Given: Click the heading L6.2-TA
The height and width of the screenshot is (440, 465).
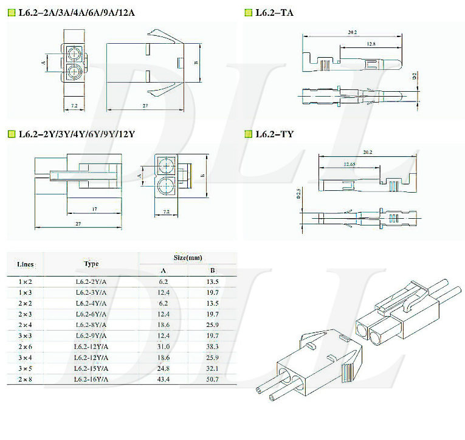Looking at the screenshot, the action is tap(274, 12).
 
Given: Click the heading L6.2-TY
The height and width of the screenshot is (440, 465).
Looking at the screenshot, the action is tap(274, 134).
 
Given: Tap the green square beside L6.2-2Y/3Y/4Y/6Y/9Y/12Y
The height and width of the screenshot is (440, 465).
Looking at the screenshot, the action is tap(12, 134).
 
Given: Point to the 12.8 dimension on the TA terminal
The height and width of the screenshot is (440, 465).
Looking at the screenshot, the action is tap(371, 44).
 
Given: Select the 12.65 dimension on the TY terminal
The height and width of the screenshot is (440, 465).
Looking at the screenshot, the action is tap(350, 164).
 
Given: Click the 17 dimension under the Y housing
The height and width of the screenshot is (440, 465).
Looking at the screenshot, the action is tap(94, 209).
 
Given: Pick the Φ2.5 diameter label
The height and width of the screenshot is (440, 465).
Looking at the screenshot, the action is tap(298, 194).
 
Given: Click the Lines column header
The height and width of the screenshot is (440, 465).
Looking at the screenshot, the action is tap(25, 264).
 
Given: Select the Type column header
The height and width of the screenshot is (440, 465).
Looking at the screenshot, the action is tap(91, 264).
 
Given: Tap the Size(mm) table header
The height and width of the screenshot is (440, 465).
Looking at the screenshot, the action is tap(188, 258).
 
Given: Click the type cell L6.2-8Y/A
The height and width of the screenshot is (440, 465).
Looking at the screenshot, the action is tap(91, 325).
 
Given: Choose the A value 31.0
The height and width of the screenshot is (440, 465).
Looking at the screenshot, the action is tap(164, 346).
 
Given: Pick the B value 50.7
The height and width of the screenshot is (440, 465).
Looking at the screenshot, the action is tap(212, 379).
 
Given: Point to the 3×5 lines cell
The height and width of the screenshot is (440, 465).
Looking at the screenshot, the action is tap(25, 368).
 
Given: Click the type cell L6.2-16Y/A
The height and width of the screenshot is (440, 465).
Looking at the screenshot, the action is tap(91, 379).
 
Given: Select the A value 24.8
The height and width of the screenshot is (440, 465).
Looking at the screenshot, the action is tap(164, 368).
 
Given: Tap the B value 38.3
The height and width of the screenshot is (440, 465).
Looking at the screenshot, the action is tap(212, 346).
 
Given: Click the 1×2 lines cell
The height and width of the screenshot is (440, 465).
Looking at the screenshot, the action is tap(25, 281).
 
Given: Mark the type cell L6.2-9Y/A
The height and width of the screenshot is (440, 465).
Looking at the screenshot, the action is tap(91, 335).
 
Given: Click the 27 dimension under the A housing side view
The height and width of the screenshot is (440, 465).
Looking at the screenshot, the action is tap(145, 106).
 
